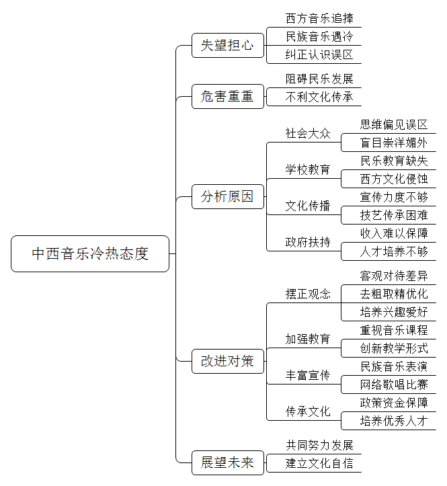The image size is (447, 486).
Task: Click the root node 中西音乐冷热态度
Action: (90, 253)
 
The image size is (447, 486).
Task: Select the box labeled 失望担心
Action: (227, 45)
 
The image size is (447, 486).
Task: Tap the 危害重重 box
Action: (227, 96)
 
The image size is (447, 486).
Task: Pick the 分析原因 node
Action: (227, 196)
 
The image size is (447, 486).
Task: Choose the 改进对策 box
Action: (227, 361)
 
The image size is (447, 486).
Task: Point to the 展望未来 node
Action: (227, 462)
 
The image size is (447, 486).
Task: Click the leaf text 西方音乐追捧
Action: (319, 19)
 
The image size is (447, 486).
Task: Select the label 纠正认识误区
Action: (319, 55)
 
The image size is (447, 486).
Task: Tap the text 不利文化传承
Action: (319, 97)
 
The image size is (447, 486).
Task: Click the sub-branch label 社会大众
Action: (308, 134)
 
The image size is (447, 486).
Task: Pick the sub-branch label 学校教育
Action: (308, 169)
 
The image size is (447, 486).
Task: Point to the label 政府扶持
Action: (308, 242)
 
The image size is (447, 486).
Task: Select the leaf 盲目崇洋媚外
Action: (394, 143)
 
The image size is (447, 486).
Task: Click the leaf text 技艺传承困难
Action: (394, 215)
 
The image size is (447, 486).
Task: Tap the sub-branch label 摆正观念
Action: (308, 294)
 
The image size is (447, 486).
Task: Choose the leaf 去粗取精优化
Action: (394, 294)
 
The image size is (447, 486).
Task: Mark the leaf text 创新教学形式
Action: (394, 348)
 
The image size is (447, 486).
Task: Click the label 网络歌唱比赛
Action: (394, 384)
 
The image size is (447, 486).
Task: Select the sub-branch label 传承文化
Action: (308, 411)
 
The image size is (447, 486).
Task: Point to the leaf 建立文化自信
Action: (319, 463)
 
